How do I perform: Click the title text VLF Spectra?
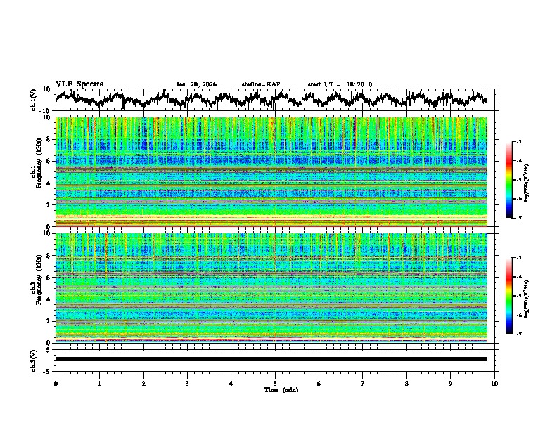coord(79,84)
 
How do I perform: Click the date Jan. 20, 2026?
coord(196,84)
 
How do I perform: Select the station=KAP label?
coord(260,84)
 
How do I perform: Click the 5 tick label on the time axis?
coord(275,383)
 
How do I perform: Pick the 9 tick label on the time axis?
coord(451,383)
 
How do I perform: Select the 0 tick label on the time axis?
coord(56,383)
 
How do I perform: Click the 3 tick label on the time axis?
coord(187,383)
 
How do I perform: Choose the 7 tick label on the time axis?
coord(363,383)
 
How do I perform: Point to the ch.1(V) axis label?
coord(34,100)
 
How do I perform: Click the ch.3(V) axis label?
coord(34,359)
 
